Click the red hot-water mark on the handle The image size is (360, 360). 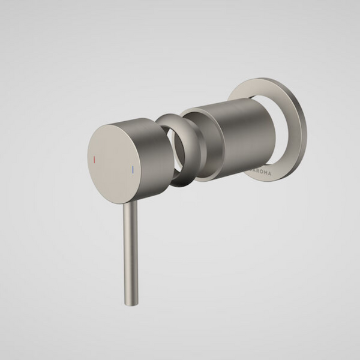(x=93, y=160)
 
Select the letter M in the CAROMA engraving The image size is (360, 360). (x=265, y=173)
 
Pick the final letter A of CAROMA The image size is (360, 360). (x=269, y=173)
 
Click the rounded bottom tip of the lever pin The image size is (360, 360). (x=132, y=301)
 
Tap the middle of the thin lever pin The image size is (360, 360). (x=131, y=252)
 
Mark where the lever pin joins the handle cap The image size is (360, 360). (x=130, y=204)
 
